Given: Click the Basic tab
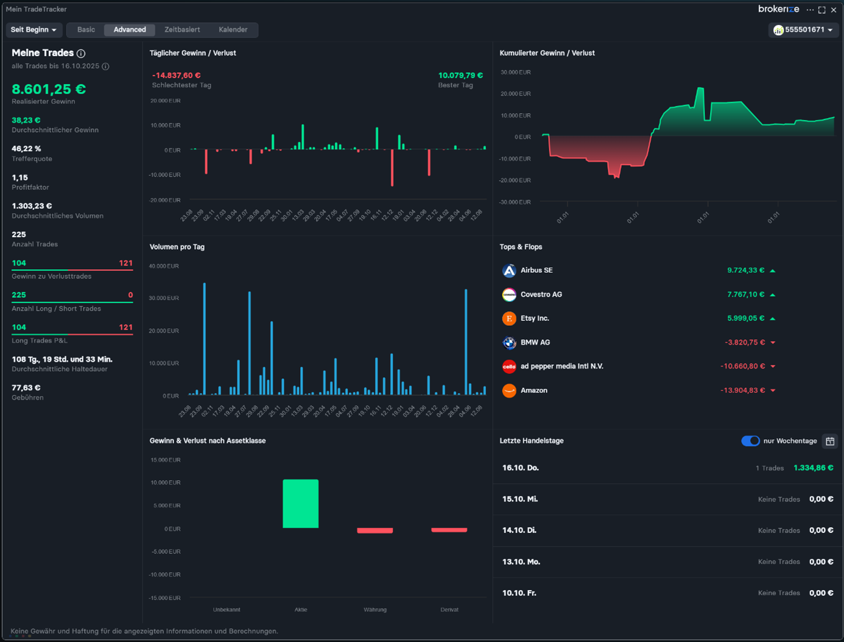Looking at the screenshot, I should pyautogui.click(x=86, y=30).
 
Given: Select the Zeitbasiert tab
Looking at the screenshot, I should pyautogui.click(x=182, y=30).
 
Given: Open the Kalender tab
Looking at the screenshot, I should pyautogui.click(x=233, y=30).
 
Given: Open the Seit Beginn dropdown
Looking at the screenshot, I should pyautogui.click(x=33, y=30).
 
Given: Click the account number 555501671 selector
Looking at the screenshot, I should pyautogui.click(x=803, y=30).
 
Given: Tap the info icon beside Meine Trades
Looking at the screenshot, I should pyautogui.click(x=81, y=54).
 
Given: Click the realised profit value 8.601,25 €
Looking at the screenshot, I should pyautogui.click(x=49, y=89).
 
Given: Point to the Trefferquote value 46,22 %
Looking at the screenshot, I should pyautogui.click(x=26, y=149).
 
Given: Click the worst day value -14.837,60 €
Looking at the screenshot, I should pyautogui.click(x=176, y=76).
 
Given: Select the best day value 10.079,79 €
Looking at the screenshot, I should pyautogui.click(x=460, y=76).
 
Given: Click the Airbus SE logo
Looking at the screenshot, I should pyautogui.click(x=509, y=270).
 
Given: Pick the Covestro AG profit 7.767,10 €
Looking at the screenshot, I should pyautogui.click(x=745, y=294).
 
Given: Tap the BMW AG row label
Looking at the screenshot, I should pyautogui.click(x=535, y=342).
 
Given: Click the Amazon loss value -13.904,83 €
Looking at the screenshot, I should pyautogui.click(x=742, y=390).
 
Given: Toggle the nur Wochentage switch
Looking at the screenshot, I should pyautogui.click(x=750, y=441).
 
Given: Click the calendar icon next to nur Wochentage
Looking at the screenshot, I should pyautogui.click(x=830, y=441).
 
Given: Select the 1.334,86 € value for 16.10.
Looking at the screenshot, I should pyautogui.click(x=813, y=468).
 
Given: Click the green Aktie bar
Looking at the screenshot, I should pyautogui.click(x=300, y=504).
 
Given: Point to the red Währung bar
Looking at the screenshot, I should pyautogui.click(x=375, y=531).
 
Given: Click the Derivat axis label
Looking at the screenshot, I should pyautogui.click(x=449, y=610).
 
